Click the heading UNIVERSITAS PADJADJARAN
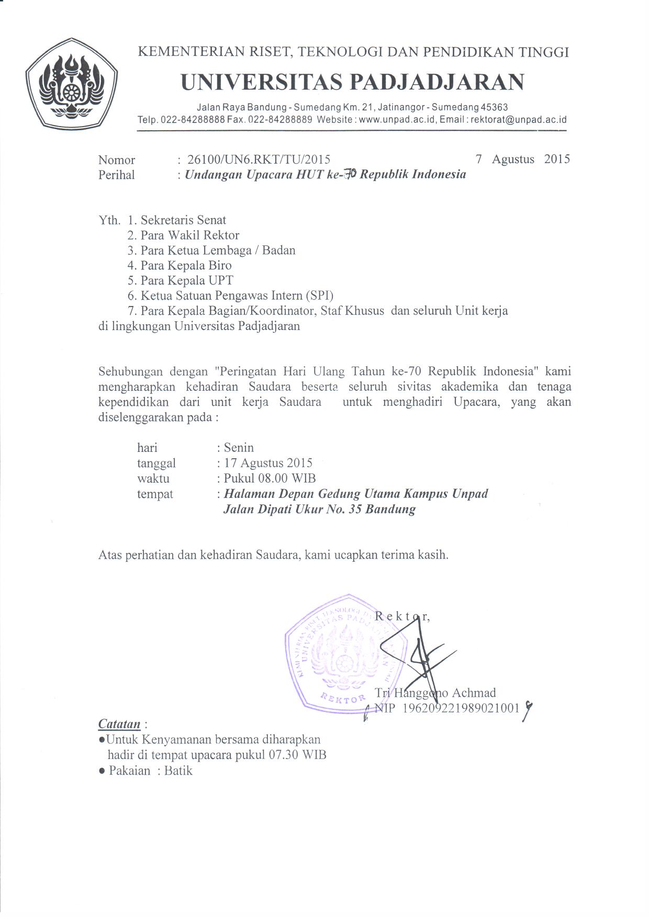(x=352, y=82)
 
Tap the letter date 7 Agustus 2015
(x=522, y=159)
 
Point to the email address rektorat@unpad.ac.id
(x=519, y=120)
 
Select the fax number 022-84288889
(x=280, y=120)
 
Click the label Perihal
(x=116, y=175)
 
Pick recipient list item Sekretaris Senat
(x=183, y=220)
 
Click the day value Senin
(x=239, y=448)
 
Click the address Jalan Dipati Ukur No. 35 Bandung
(x=319, y=509)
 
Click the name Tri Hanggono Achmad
(x=435, y=693)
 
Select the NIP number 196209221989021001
(x=461, y=708)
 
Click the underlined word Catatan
(x=119, y=724)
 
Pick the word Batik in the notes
(x=178, y=771)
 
